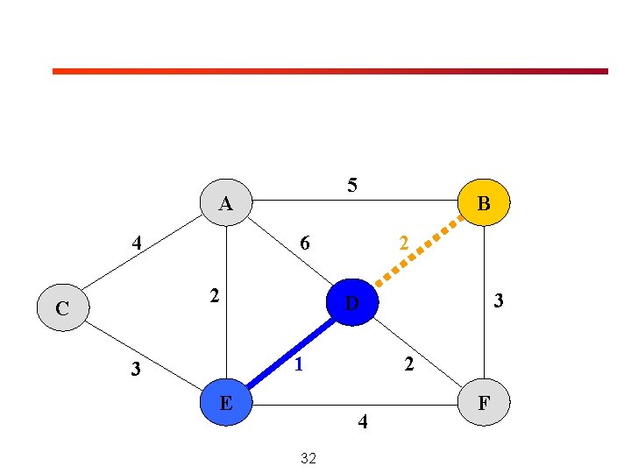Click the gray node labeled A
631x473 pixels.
click(x=226, y=202)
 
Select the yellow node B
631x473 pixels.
click(x=484, y=202)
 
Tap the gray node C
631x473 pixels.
click(x=63, y=307)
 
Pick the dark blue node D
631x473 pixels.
click(x=352, y=302)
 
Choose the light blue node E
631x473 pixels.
click(x=226, y=402)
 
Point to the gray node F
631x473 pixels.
click(x=484, y=402)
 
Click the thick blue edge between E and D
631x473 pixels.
click(x=291, y=353)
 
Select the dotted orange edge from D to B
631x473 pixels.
click(x=419, y=251)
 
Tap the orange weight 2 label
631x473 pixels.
click(x=404, y=243)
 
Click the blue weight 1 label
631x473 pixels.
click(x=299, y=364)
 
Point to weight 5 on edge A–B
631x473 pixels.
click(x=352, y=185)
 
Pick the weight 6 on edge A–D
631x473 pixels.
click(x=305, y=243)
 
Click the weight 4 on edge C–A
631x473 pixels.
click(x=137, y=243)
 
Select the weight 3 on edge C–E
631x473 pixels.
click(x=136, y=369)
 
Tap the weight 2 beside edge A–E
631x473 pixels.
click(x=215, y=296)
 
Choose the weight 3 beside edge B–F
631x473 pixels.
click(x=499, y=300)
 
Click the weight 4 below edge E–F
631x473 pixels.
click(x=363, y=421)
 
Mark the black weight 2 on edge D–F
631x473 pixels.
click(x=409, y=364)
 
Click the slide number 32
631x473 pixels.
click(x=308, y=458)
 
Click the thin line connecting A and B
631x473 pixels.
click(x=355, y=200)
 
